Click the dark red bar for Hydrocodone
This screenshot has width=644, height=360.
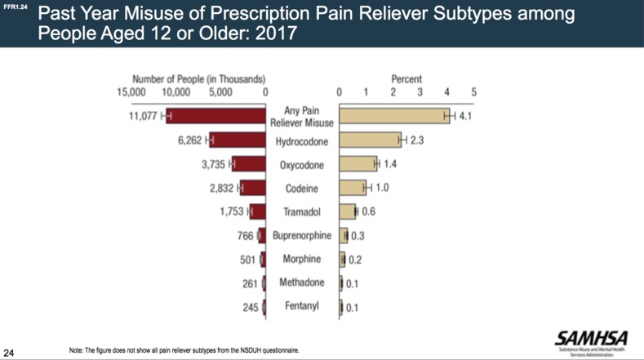point(238,140)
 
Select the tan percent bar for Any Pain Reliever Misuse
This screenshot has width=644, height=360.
point(393,116)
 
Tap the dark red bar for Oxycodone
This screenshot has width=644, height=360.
point(249,164)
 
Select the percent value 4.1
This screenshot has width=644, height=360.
point(467,117)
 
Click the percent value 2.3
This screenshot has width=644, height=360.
point(417,140)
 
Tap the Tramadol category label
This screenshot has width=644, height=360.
point(302,212)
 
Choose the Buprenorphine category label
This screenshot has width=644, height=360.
point(302,236)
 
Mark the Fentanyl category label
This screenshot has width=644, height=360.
point(302,307)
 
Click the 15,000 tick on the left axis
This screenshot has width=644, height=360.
point(131,92)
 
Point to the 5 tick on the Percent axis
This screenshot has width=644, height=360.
point(473,92)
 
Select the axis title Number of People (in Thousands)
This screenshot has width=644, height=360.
point(199,79)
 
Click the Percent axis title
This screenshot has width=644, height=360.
point(406,79)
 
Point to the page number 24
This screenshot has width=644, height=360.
point(11,352)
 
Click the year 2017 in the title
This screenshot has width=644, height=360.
point(273,35)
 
